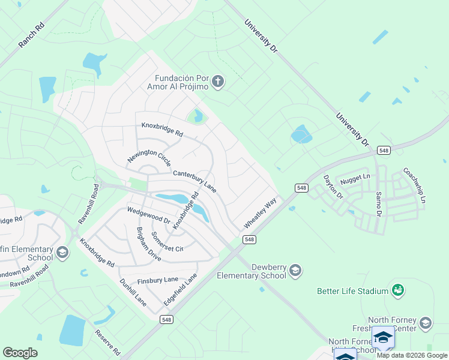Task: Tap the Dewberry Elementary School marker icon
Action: coord(295,271)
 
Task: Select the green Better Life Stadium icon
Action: coord(397,291)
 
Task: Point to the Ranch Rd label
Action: coord(32,37)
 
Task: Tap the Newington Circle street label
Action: coord(149,158)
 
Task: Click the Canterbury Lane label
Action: coord(194,181)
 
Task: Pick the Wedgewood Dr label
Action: coord(148,217)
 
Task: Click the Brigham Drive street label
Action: coord(148,244)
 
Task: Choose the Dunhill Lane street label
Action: coord(133,292)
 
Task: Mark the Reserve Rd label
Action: coord(107,343)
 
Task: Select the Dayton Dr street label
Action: coord(333,187)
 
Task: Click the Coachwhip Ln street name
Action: coord(414,184)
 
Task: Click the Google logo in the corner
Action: coord(20,353)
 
